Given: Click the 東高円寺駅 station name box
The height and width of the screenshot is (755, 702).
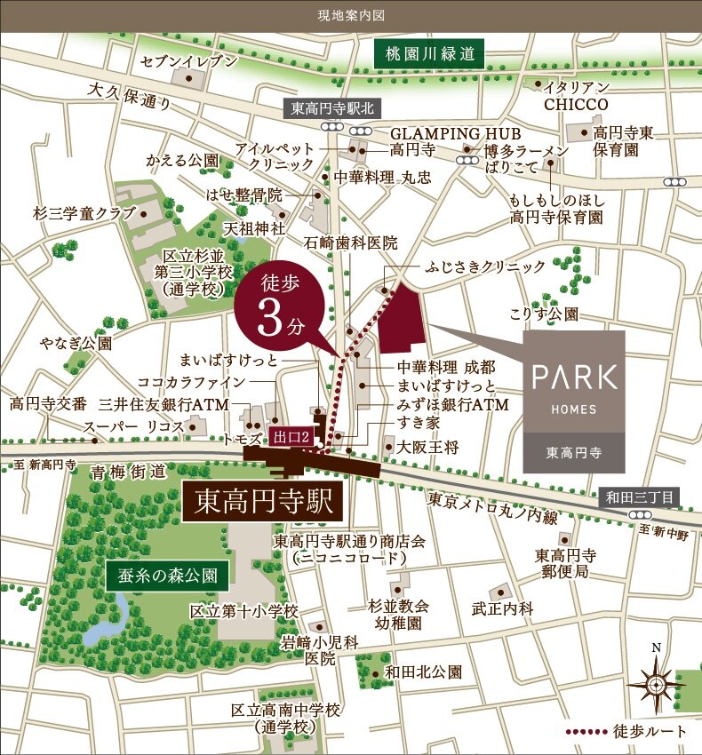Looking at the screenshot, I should (262, 504).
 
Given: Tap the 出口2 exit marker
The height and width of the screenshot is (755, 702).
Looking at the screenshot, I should (292, 435).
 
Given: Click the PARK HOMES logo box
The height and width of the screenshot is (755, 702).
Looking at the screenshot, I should (574, 401).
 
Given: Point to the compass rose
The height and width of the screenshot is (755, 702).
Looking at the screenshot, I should (655, 684).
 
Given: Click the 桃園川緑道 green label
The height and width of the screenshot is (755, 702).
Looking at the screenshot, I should (429, 54).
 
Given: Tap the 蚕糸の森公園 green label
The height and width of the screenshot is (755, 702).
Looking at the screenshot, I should (166, 575).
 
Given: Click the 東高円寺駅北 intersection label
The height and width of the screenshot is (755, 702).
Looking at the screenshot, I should (335, 107).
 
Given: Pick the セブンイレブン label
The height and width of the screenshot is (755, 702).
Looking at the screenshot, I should (190, 60).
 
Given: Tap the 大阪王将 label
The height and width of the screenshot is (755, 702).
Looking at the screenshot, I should (428, 447).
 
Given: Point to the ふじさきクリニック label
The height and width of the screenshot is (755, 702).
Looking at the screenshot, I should (485, 266).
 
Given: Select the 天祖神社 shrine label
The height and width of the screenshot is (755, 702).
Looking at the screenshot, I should (254, 228).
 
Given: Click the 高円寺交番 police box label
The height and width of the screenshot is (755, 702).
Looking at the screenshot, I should (48, 404).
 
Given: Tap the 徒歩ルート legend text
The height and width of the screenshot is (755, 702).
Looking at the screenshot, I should (650, 732).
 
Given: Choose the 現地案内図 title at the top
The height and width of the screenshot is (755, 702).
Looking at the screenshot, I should (351, 15).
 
